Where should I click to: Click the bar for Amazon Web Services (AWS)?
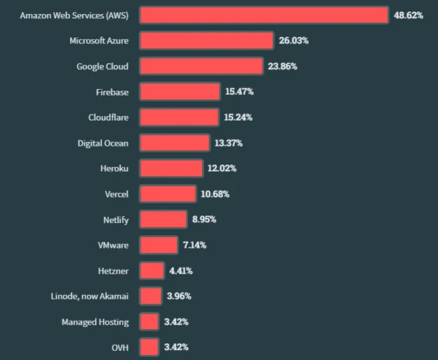263,15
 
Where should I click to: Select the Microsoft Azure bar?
206,41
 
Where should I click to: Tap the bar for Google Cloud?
201,66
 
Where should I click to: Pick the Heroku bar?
171,168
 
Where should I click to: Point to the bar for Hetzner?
152,270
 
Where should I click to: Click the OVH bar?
149,347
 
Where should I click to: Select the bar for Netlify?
164,219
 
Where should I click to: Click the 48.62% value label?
408,15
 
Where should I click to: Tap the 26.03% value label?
293,41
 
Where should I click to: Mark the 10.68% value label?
215,194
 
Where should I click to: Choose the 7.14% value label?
197,245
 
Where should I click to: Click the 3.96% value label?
179,296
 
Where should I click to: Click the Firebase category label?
112,92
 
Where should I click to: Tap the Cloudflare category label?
109,117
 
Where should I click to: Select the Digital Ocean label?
103,143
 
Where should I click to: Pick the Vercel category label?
116,194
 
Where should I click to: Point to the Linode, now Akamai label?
90,296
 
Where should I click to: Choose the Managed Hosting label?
95,321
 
